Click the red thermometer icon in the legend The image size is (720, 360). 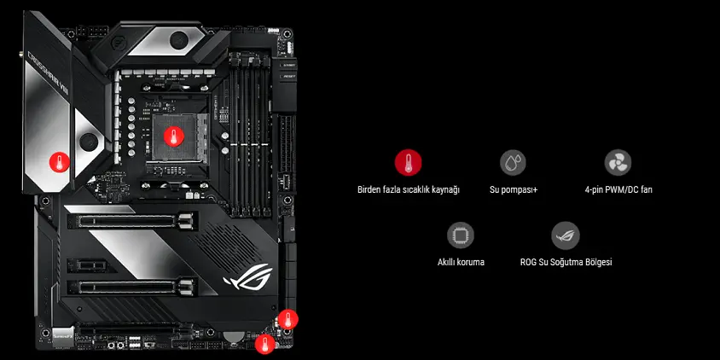pos(408,163)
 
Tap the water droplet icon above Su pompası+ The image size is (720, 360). pos(513,163)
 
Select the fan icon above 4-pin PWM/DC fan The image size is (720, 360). pos(618,163)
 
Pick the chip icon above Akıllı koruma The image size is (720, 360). pos(461,235)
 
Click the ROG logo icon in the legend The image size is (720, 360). pos(566,235)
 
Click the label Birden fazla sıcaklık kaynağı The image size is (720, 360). pos(409,189)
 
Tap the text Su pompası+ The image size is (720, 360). pos(514,189)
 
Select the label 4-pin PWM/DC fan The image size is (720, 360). pos(618,189)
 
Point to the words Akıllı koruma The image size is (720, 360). pos(461,262)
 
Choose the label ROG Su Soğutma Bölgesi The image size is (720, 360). pos(566,262)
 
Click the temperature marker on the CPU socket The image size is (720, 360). pos(173,136)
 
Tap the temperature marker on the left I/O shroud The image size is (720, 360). pos(59,162)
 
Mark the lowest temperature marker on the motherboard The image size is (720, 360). pos(265,344)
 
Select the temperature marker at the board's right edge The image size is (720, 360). pos(287,319)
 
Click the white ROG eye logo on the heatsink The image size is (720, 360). pos(247,276)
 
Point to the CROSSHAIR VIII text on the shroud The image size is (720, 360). pos(49,72)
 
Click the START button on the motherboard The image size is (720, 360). pos(287,65)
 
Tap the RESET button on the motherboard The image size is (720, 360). pos(287,76)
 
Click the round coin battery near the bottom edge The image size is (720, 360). pos(235,337)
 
